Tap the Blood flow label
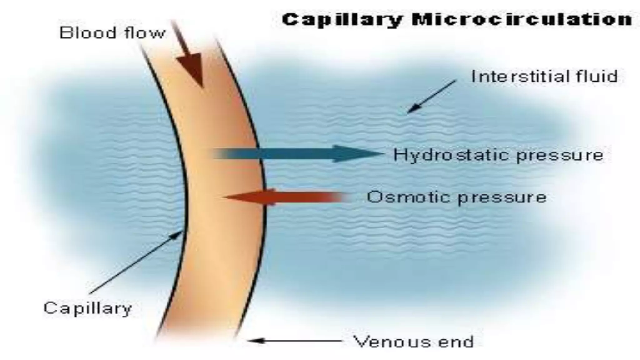click(x=112, y=32)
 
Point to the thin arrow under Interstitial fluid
click(x=431, y=96)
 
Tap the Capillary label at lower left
click(x=88, y=309)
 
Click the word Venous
click(x=392, y=341)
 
